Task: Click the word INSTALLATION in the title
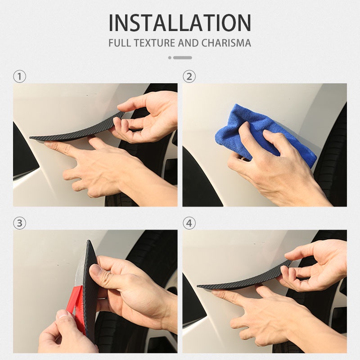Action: pos(180,23)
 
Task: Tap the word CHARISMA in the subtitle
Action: pos(226,43)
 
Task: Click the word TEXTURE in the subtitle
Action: pos(154,43)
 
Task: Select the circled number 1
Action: pos(19,76)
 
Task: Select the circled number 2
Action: pos(189,76)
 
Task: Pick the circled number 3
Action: pos(19,223)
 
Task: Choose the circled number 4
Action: pos(189,223)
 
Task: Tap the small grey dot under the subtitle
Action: pos(170,58)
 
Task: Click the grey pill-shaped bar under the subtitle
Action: pos(183,58)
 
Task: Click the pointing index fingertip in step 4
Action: pos(215,292)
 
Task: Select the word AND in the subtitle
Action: pos(188,43)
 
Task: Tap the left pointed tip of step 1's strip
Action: pos(30,138)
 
